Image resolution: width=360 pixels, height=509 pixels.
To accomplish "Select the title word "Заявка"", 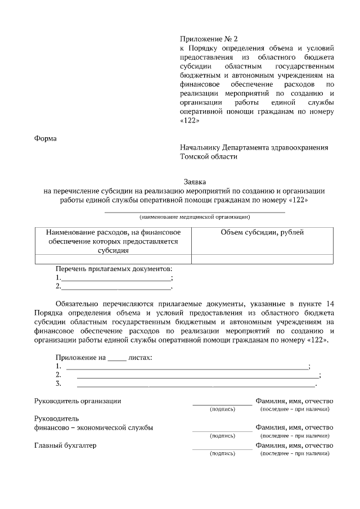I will click(x=195, y=182).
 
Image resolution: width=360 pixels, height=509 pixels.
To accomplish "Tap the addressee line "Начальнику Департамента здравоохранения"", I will click(x=254, y=147).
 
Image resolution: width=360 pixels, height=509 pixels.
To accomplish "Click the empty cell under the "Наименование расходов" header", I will click(x=112, y=259).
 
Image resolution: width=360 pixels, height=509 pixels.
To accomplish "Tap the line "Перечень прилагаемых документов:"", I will click(x=114, y=269).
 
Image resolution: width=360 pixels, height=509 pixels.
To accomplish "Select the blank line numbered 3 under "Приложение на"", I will click(x=196, y=385).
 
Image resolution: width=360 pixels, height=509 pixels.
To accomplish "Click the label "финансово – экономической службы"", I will click(x=94, y=427).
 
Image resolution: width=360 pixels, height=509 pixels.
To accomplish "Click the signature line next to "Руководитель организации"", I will click(x=222, y=404).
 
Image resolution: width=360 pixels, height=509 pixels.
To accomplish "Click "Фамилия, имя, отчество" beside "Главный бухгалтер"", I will click(x=294, y=445).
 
